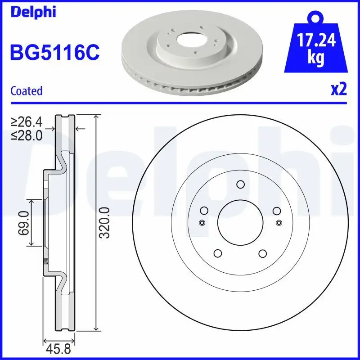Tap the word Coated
26,90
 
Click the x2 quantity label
338,89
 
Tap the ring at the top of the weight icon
316,19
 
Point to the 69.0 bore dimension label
23,222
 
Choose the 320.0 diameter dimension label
104,222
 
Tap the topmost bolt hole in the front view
240,184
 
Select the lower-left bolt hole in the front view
218,253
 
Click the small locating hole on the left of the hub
202,223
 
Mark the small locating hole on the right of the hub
279,222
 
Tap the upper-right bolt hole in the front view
276,210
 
